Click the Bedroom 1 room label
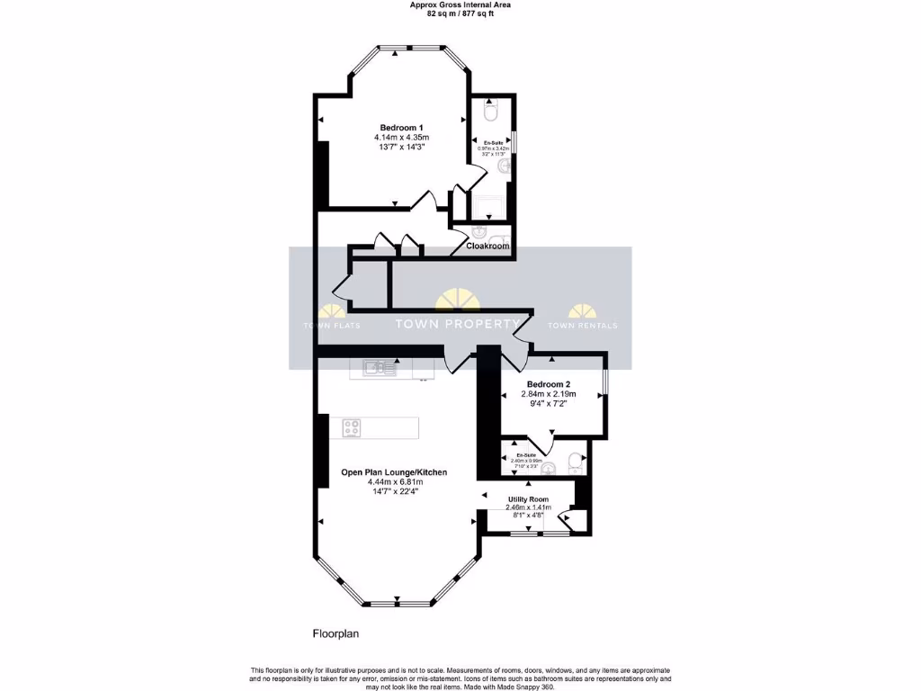[x=401, y=127]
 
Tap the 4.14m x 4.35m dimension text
[x=401, y=137]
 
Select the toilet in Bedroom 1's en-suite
[x=490, y=112]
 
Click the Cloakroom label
[x=487, y=246]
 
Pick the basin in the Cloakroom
[x=478, y=232]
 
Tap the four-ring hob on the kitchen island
[x=351, y=428]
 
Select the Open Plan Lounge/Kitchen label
[x=394, y=471]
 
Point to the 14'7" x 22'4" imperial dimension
[x=394, y=491]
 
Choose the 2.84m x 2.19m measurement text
[x=549, y=394]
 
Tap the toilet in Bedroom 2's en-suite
[x=575, y=464]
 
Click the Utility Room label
[x=528, y=498]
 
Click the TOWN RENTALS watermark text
[x=582, y=326]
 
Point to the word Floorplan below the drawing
[x=335, y=633]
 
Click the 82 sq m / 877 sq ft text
[x=460, y=13]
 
